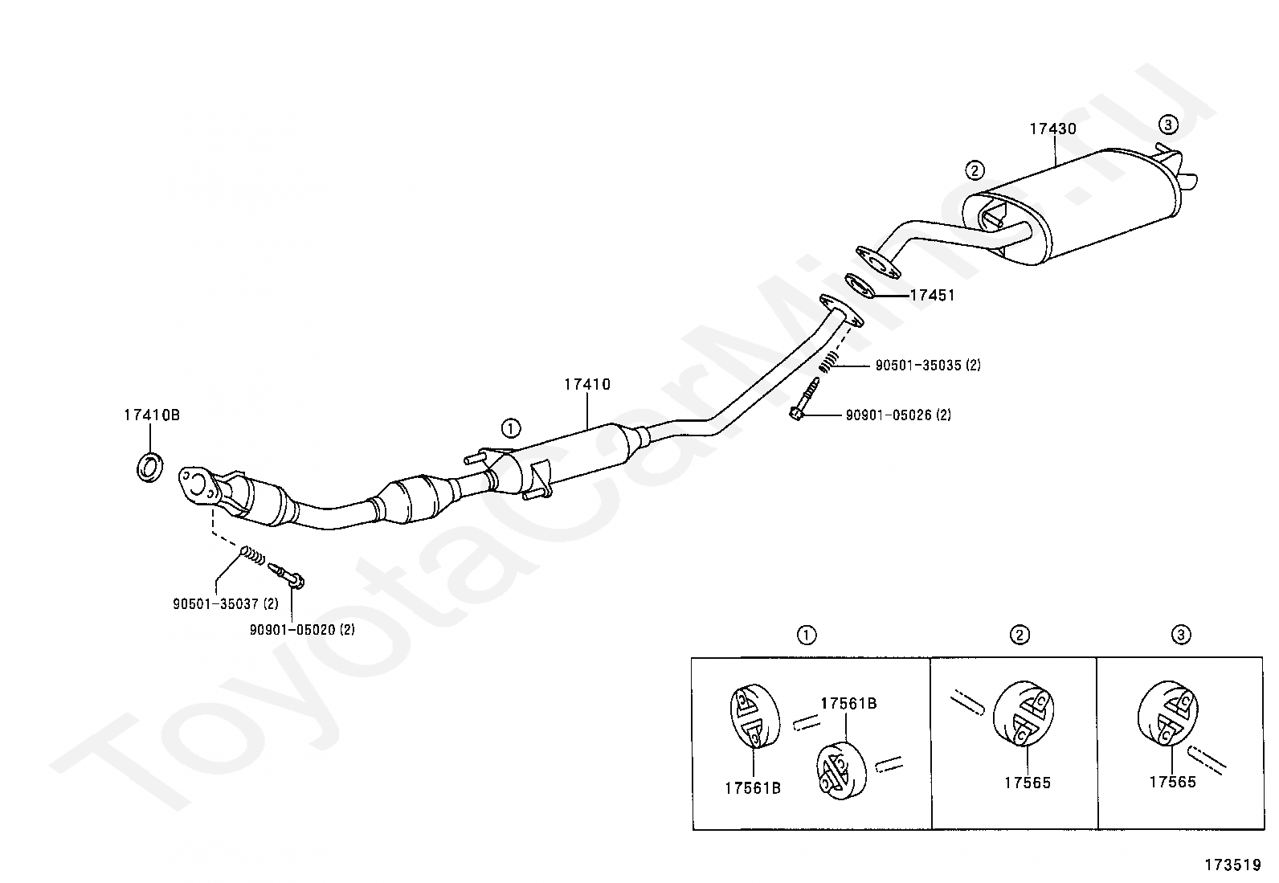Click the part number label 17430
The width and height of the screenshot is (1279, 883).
click(1052, 129)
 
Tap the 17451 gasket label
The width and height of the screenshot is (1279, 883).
click(932, 296)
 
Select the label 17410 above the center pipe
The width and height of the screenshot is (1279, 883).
click(586, 385)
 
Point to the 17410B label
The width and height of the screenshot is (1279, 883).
click(151, 415)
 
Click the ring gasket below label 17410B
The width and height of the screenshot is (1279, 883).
click(149, 468)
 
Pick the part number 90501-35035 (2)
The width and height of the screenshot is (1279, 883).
click(928, 366)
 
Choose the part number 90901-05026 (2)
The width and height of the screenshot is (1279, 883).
click(898, 415)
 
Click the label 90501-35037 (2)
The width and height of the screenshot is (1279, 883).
click(225, 603)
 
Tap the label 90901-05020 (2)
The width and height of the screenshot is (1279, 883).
click(302, 630)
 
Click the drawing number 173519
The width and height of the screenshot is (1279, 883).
click(1232, 865)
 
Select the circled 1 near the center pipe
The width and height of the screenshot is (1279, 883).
click(512, 427)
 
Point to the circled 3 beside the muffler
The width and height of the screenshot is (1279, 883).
click(1168, 125)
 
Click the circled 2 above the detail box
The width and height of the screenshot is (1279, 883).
click(1019, 636)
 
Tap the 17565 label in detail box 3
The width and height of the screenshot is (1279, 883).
click(1172, 782)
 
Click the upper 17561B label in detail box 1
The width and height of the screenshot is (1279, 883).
click(848, 704)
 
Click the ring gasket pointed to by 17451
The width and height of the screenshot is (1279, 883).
click(860, 284)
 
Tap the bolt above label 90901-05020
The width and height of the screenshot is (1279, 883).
click(287, 574)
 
